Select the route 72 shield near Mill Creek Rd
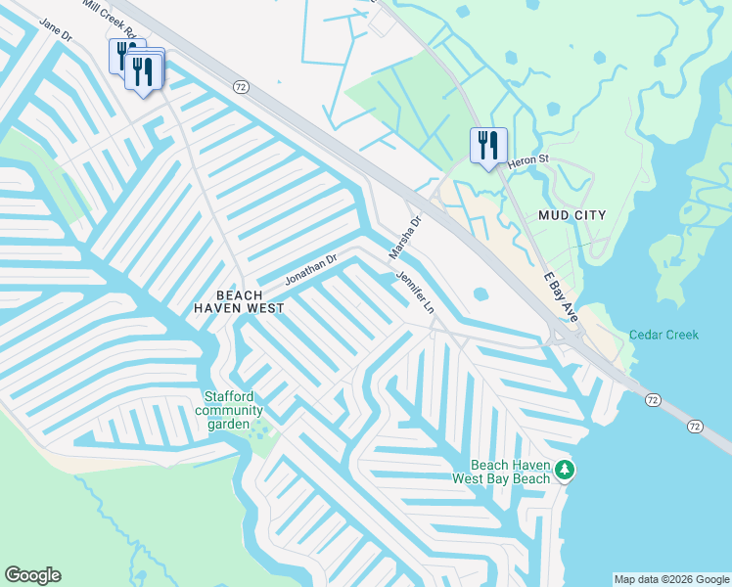[240, 86]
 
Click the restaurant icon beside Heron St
[486, 145]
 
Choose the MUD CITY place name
[572, 214]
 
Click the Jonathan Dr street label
[311, 269]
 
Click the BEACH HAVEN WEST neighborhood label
[239, 301]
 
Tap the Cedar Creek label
[663, 335]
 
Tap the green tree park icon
[565, 472]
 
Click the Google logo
[32, 575]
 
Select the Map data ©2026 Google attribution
[671, 579]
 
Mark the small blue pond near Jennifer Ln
[480, 293]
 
